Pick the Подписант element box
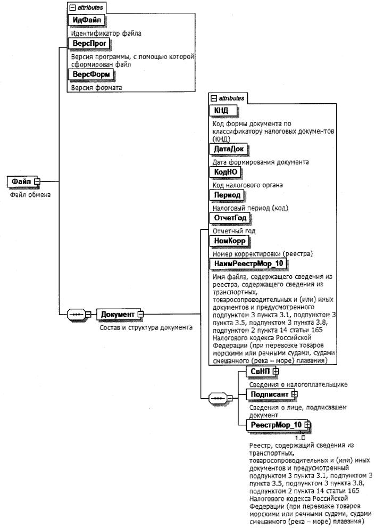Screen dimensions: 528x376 [269, 394]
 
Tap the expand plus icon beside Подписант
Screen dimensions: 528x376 [294, 394]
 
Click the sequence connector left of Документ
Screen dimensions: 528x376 [78, 315]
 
